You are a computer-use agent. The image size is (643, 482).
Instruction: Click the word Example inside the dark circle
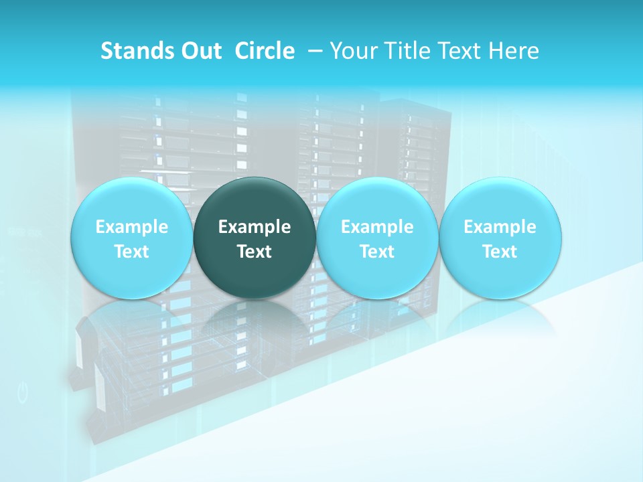255,227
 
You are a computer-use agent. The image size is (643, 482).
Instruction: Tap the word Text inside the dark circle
255,252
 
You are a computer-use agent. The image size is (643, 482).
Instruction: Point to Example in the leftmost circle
132,227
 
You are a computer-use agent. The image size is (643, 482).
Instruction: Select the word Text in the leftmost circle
132,252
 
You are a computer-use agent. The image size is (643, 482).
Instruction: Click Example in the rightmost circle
500,227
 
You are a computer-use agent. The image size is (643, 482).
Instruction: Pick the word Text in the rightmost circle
500,252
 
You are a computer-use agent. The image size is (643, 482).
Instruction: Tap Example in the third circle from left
377,227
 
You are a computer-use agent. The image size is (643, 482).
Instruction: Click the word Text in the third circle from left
377,252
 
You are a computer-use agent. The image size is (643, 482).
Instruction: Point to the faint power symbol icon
23,393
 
